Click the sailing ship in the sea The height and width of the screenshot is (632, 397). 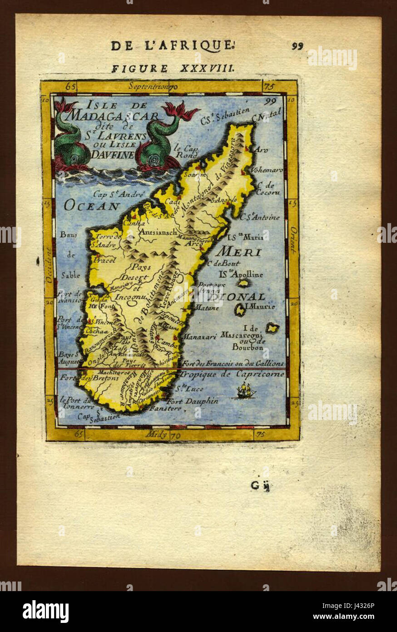(244, 390)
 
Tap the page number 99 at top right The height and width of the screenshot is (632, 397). (298, 45)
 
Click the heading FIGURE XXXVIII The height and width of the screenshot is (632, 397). (173, 69)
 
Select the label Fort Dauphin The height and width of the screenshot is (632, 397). (192, 401)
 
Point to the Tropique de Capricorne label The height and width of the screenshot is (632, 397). (232, 374)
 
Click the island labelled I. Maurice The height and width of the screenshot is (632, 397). (240, 310)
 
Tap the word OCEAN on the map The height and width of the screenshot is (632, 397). (91, 206)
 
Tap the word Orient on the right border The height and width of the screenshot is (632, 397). (293, 241)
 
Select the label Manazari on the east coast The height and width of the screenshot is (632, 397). (198, 337)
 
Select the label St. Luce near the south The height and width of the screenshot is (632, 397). (190, 389)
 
